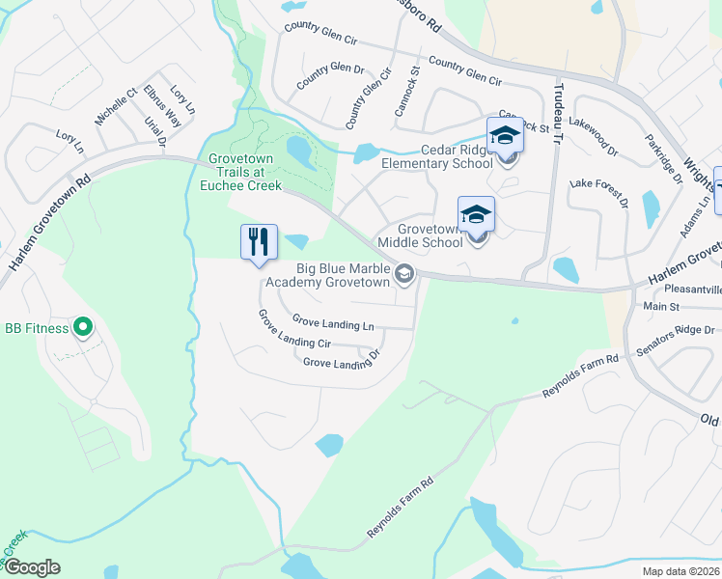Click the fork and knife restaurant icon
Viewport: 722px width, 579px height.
pyautogui.click(x=258, y=241)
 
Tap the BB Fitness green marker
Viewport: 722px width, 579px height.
pyautogui.click(x=82, y=328)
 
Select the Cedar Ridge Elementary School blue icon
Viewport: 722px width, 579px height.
pyautogui.click(x=505, y=137)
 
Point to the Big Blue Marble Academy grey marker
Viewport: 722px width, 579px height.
pyautogui.click(x=405, y=275)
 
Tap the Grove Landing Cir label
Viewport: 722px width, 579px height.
pyautogui.click(x=293, y=330)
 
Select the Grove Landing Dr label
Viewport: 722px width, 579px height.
pyautogui.click(x=342, y=362)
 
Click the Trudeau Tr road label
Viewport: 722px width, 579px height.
pyautogui.click(x=557, y=113)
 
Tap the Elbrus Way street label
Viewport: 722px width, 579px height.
pyautogui.click(x=161, y=106)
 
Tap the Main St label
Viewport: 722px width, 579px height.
pyautogui.click(x=662, y=307)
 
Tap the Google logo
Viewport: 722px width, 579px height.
pyautogui.click(x=31, y=567)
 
